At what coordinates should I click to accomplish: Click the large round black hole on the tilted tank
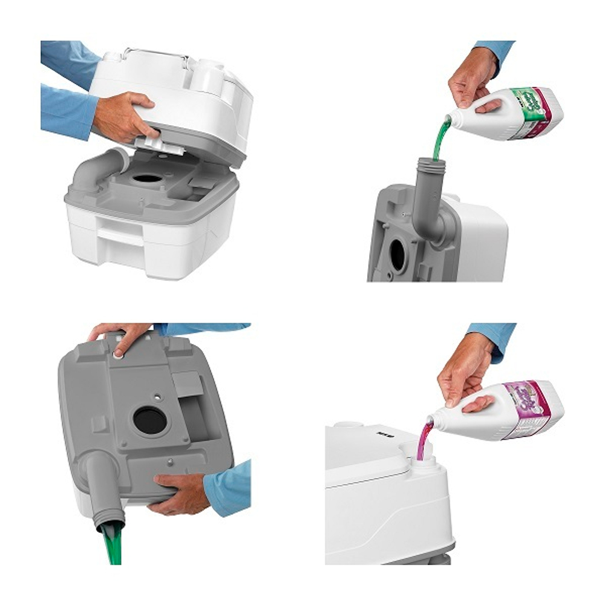149,420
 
